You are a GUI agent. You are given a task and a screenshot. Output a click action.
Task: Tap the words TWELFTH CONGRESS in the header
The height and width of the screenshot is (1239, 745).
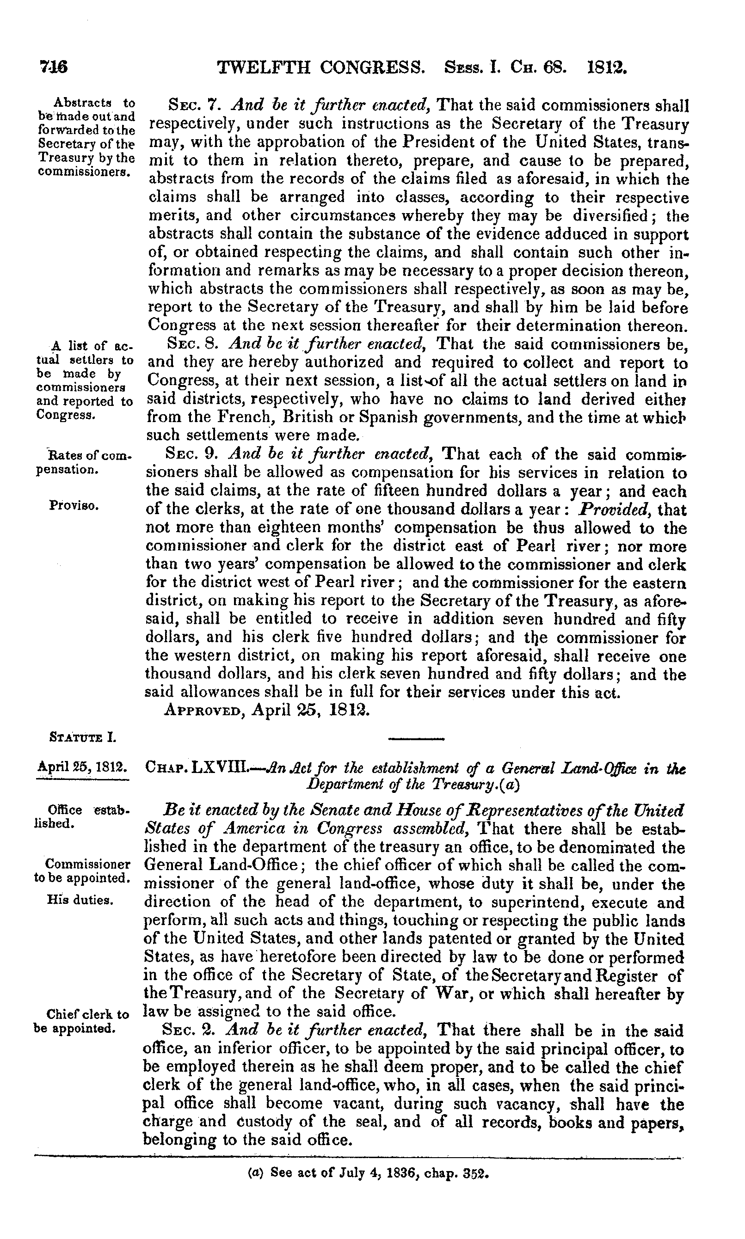(320, 66)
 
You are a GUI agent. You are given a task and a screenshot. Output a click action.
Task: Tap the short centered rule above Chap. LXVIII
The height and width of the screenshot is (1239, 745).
(417, 739)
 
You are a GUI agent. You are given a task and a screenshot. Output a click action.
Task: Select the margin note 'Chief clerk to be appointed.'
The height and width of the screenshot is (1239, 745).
(81, 1021)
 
